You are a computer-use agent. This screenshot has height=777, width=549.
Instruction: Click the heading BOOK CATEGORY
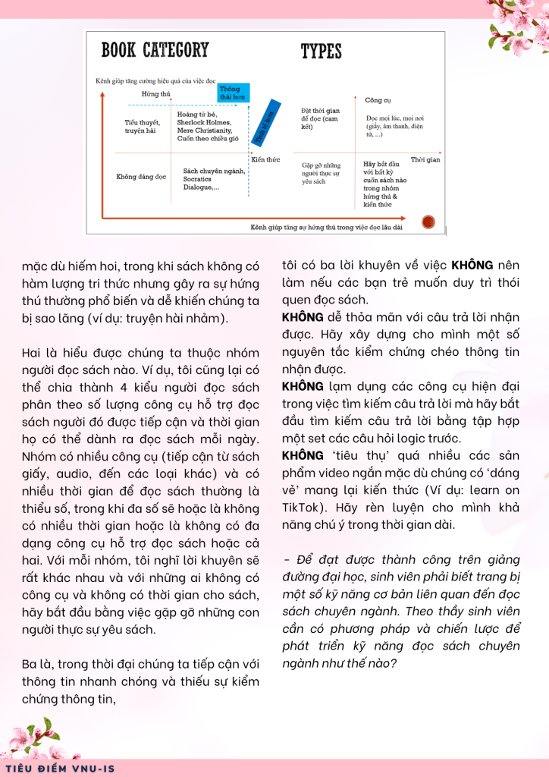click(x=155, y=51)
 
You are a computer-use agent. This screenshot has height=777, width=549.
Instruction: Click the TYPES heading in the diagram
click(x=321, y=52)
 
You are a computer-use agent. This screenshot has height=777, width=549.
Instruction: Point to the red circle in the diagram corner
click(x=428, y=222)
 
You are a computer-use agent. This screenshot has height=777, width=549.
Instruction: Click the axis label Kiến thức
click(x=266, y=159)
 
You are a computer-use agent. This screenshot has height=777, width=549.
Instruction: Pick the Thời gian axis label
click(x=425, y=159)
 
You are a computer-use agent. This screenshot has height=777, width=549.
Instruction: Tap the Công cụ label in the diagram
click(x=378, y=100)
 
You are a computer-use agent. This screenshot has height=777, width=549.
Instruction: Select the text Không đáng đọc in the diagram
click(x=141, y=177)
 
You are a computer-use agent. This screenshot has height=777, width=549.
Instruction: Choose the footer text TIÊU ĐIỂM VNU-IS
click(x=60, y=768)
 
